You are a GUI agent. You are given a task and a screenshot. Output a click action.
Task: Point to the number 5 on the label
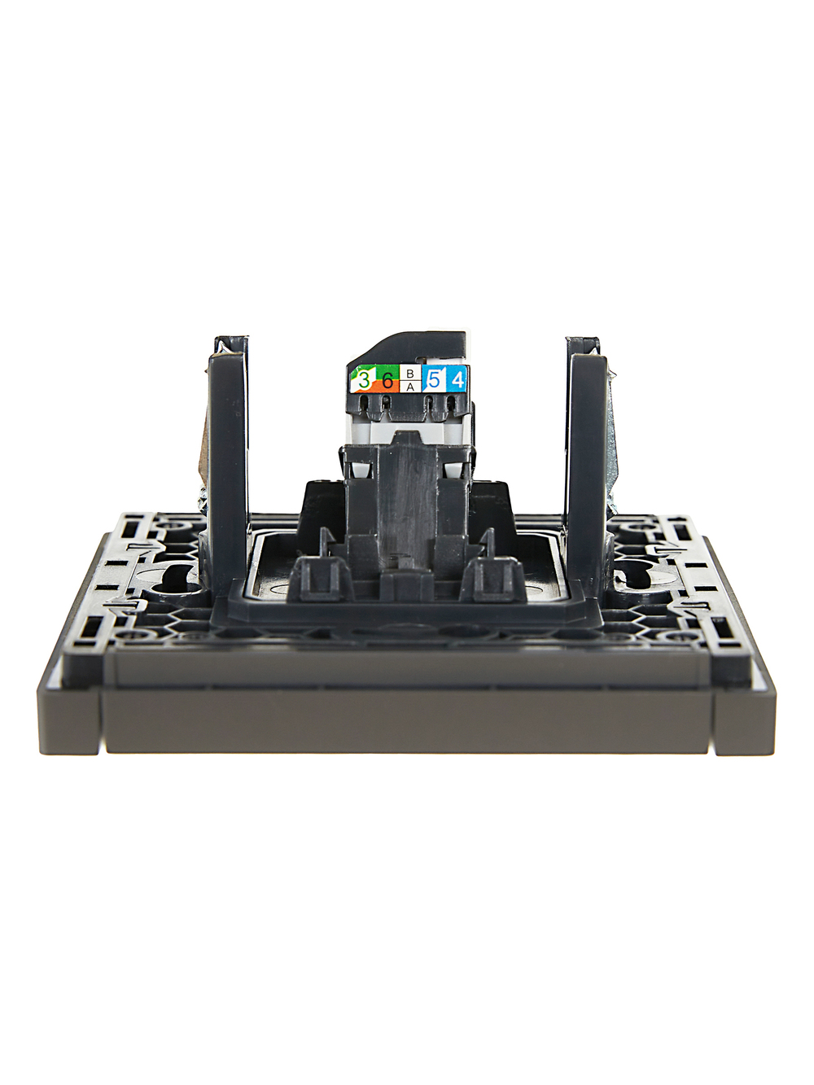(x=434, y=380)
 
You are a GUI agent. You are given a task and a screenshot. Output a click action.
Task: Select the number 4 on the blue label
(x=458, y=380)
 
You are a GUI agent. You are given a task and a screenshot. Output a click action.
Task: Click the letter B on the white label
(x=409, y=374)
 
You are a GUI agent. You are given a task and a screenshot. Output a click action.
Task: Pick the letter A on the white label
(x=409, y=387)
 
